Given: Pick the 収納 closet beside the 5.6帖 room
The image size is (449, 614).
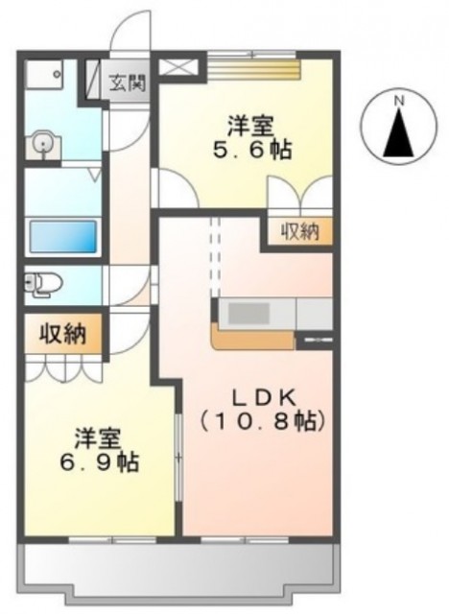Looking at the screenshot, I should (x=300, y=231).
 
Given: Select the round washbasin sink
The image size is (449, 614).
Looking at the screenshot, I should (x=44, y=145).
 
